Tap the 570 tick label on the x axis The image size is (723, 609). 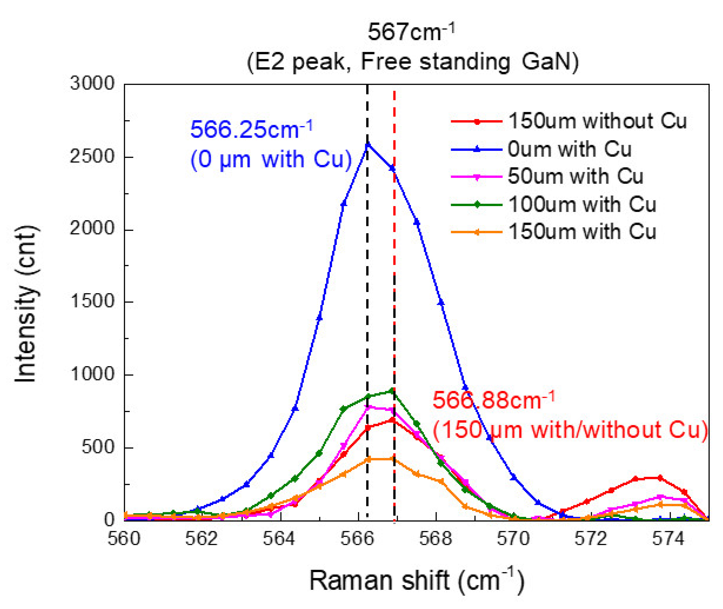coord(513,539)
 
